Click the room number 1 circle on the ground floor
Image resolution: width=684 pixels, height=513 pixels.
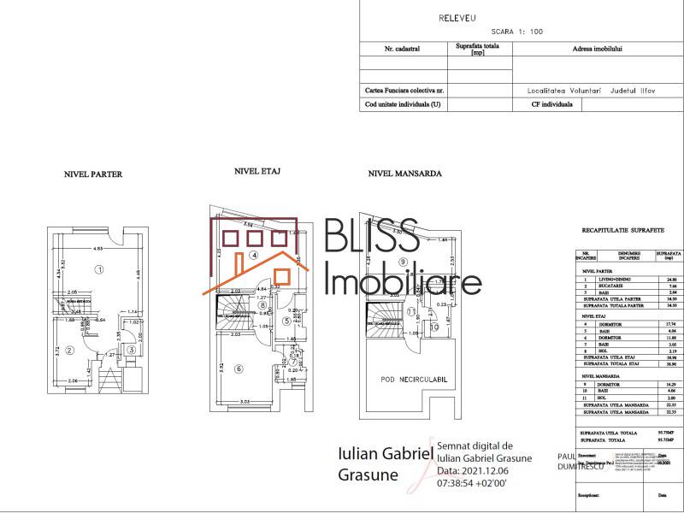click(x=99, y=269)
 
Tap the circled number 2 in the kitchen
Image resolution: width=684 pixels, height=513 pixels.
click(x=70, y=349)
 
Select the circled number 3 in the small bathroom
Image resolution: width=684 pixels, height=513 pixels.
click(x=131, y=349)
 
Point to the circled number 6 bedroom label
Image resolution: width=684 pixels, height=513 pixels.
click(x=239, y=369)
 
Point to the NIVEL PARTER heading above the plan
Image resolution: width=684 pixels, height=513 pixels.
click(x=93, y=174)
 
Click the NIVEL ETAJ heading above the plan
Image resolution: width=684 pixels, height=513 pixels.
click(x=257, y=171)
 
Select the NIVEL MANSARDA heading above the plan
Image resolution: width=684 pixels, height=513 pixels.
click(x=404, y=173)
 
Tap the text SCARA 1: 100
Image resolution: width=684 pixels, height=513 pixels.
click(x=516, y=32)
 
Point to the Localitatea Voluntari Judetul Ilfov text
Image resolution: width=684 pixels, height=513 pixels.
click(x=578, y=89)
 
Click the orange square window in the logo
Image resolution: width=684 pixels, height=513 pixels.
click(x=279, y=274)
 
